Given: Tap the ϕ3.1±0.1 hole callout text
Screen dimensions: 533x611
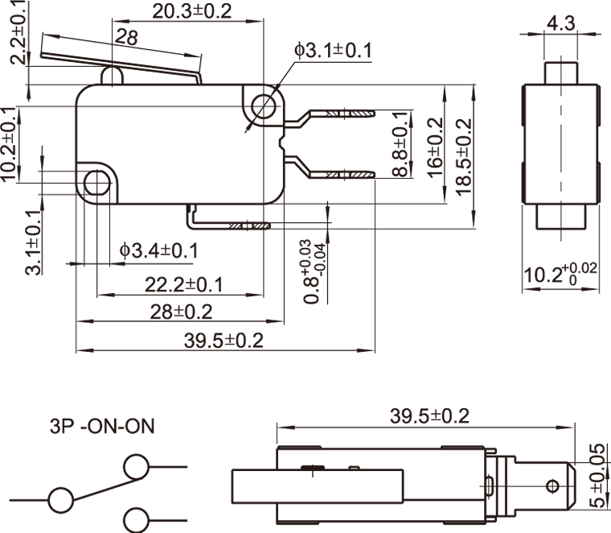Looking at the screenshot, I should point(333,51).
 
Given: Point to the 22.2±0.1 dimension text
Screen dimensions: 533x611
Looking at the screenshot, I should point(184,284).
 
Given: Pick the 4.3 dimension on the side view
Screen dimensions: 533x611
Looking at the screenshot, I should point(560,23).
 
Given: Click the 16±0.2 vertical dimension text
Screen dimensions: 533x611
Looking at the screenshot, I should point(435,147).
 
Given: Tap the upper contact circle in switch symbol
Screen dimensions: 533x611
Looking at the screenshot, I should point(135,466).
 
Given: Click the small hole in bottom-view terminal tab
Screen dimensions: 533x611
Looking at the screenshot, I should point(552,485).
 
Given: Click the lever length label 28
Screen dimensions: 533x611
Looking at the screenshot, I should point(125,37).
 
